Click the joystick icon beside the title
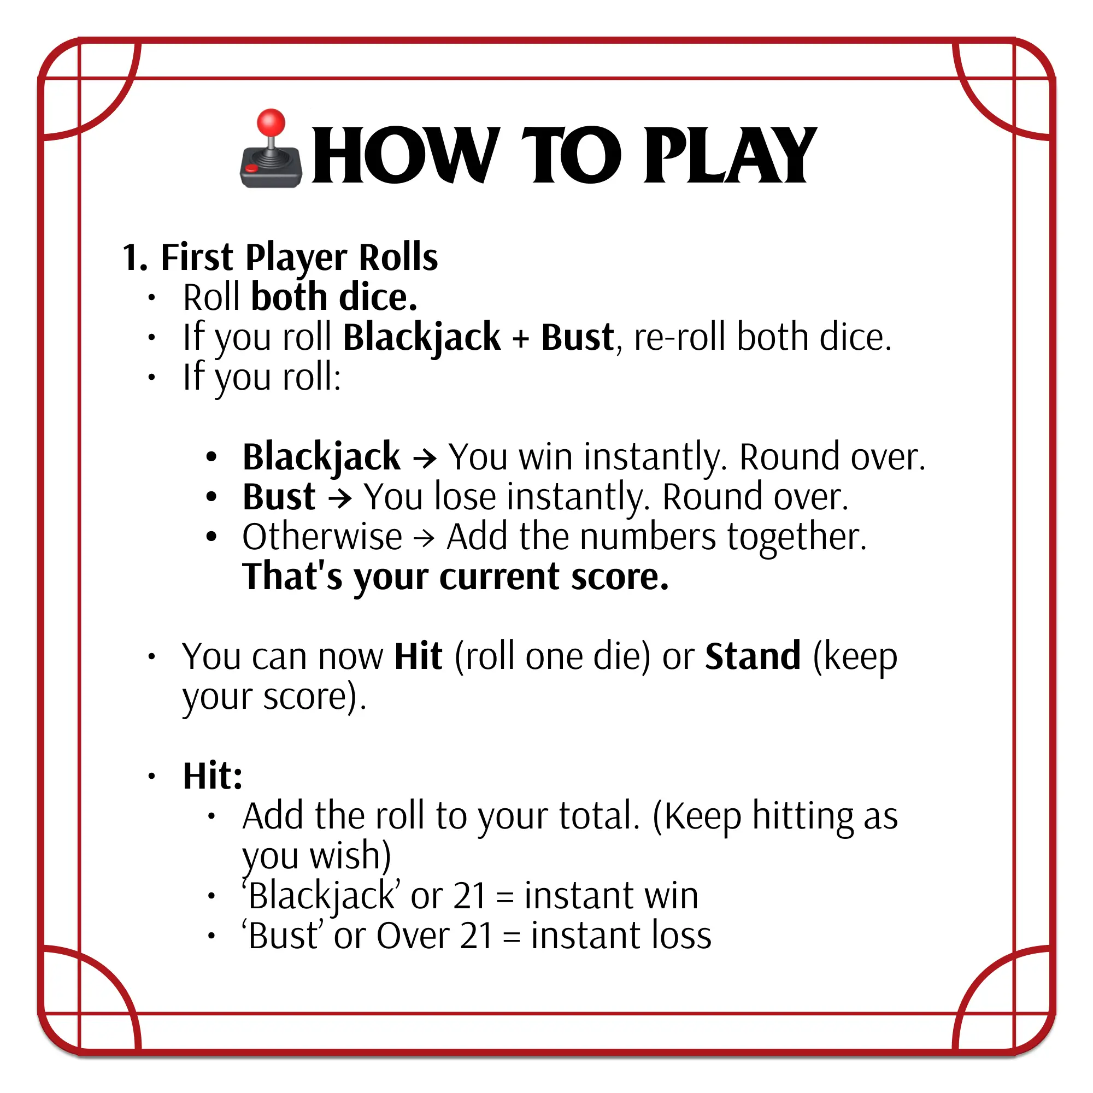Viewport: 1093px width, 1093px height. click(x=271, y=148)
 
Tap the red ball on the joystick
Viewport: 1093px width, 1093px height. click(x=271, y=122)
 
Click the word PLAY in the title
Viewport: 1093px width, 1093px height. click(x=730, y=155)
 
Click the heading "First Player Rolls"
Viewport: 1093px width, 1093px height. click(x=299, y=257)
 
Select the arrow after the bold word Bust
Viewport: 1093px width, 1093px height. click(x=340, y=497)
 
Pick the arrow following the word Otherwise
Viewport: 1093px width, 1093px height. click(x=424, y=537)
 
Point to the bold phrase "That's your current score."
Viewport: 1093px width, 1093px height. click(x=455, y=577)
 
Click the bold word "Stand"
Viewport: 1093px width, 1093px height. click(x=753, y=656)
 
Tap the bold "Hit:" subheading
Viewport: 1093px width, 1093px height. click(x=213, y=775)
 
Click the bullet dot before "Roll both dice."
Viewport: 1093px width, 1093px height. click(x=151, y=298)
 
